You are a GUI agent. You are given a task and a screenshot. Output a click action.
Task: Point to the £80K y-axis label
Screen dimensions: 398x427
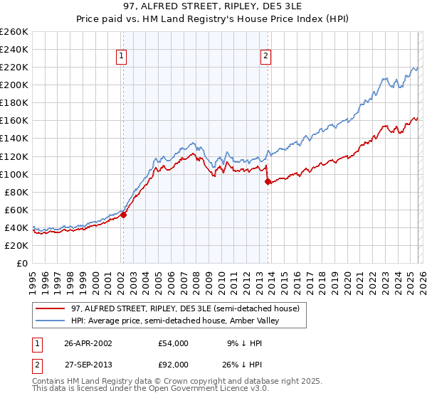[16, 192]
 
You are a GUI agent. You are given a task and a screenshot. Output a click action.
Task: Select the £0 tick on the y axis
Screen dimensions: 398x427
[21, 263]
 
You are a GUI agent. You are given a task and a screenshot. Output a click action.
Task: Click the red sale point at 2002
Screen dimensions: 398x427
[123, 215]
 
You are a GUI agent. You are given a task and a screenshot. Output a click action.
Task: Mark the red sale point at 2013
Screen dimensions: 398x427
[268, 181]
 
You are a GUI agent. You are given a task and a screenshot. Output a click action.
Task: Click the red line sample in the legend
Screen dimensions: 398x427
[51, 308]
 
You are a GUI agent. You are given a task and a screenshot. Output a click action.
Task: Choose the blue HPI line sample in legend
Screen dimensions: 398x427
[51, 321]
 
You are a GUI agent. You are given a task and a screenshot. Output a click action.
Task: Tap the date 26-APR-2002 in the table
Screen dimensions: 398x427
[89, 343]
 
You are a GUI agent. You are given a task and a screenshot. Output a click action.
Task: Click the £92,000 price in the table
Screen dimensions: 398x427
[174, 364]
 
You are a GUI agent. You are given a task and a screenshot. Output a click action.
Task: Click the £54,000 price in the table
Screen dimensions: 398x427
[174, 343]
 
